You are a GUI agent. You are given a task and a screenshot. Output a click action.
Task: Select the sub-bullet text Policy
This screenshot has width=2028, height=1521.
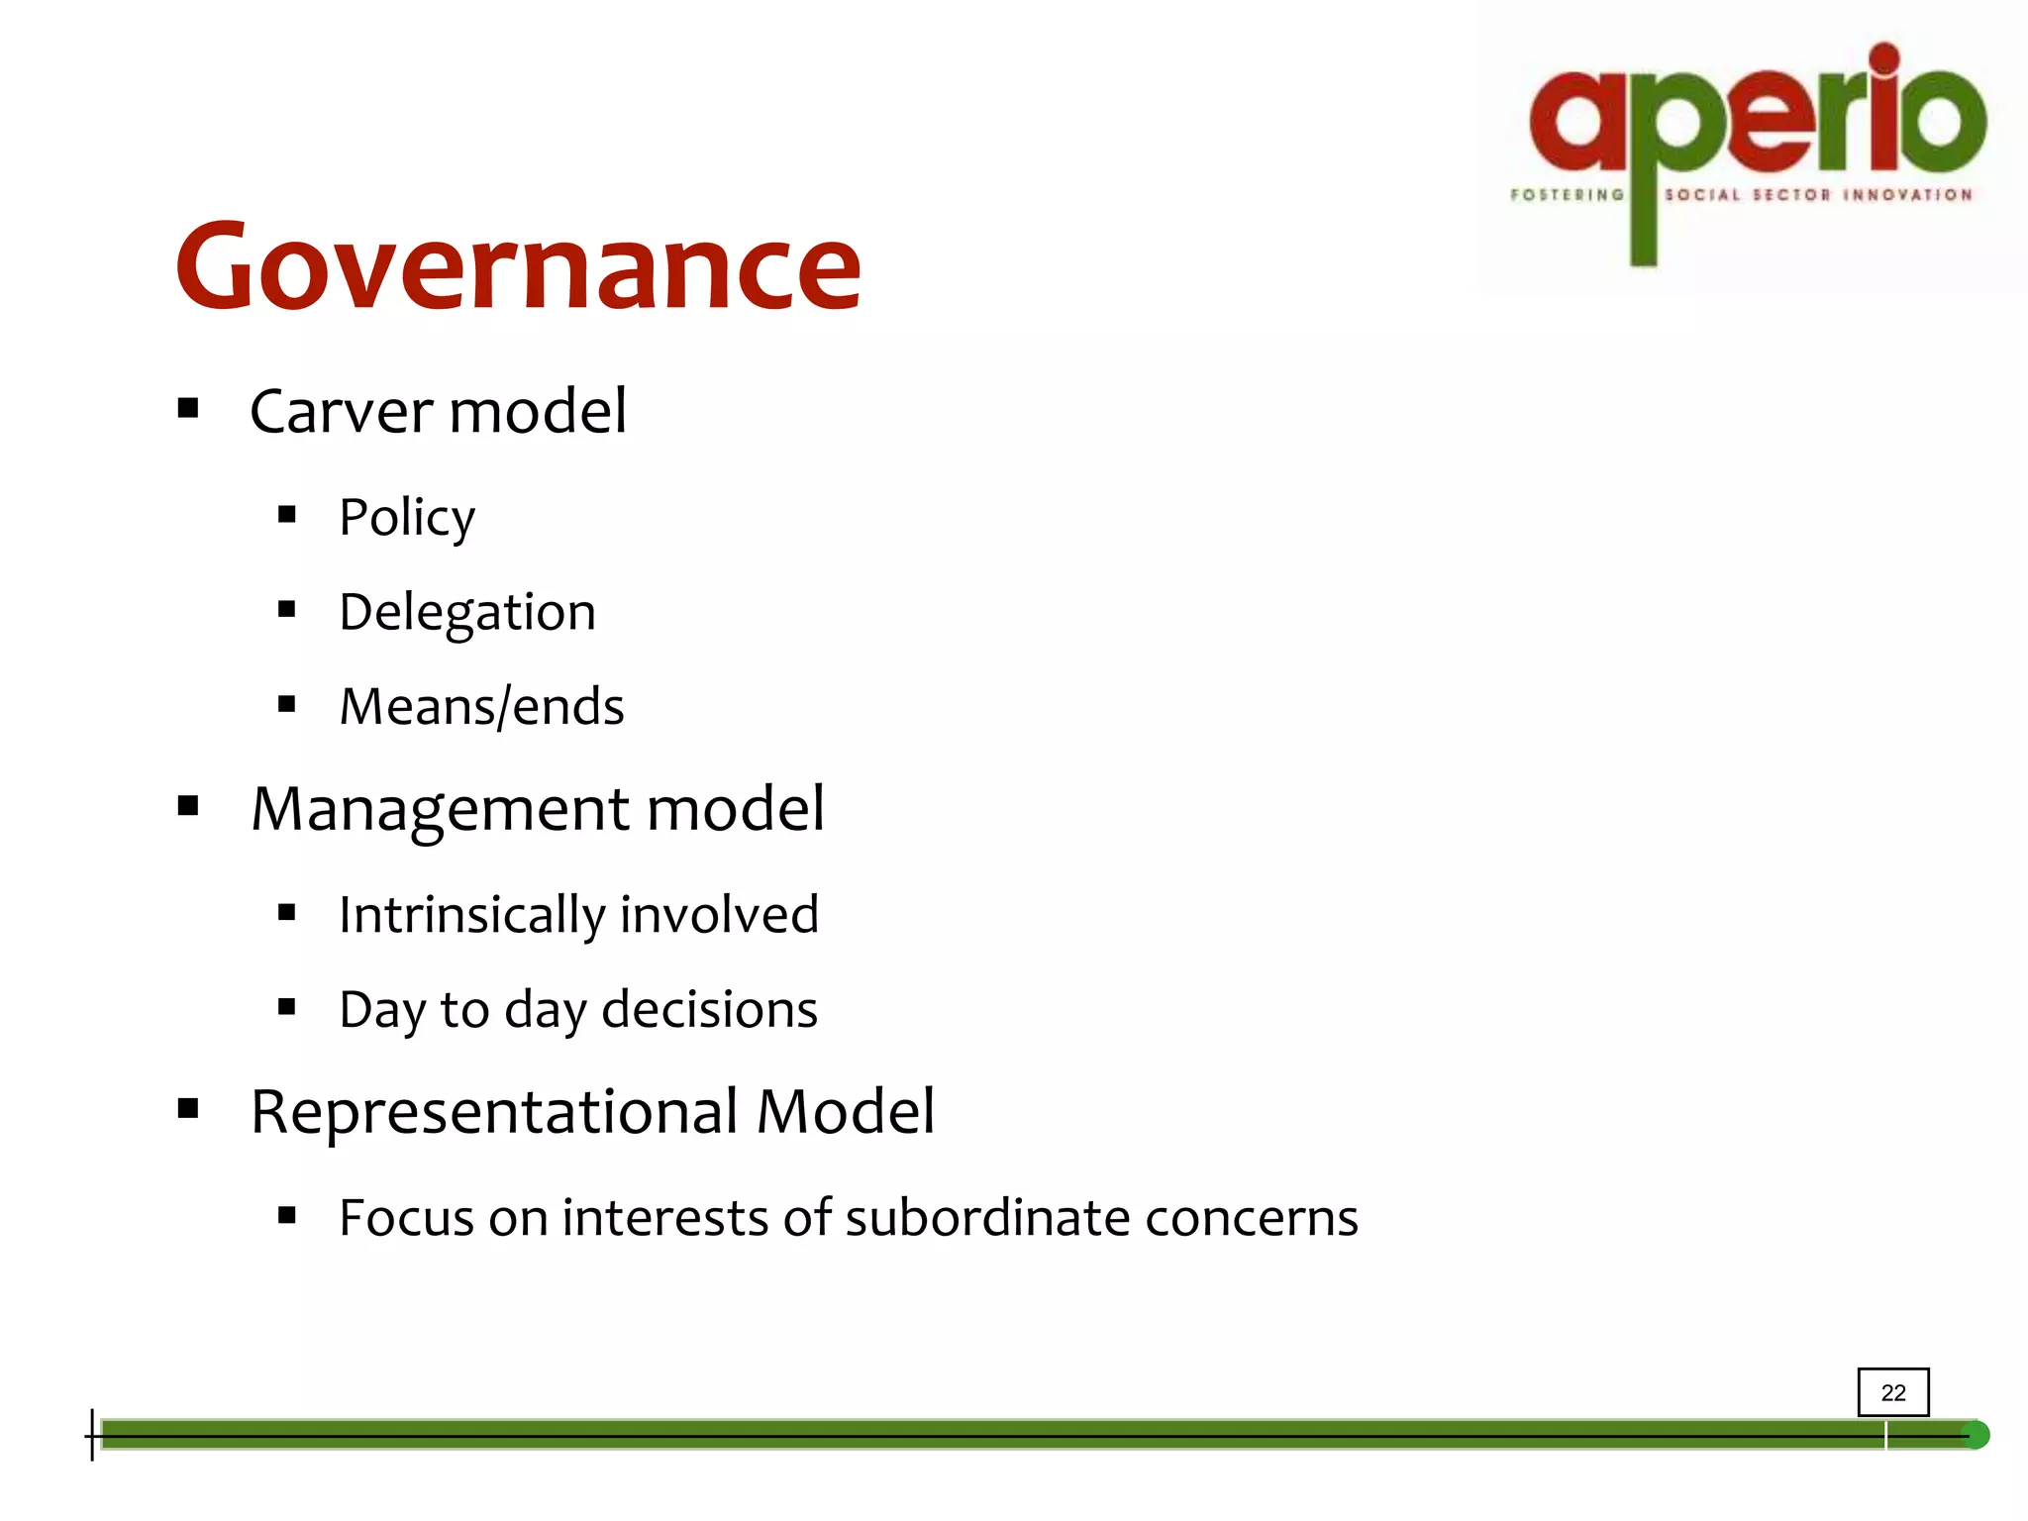(407, 517)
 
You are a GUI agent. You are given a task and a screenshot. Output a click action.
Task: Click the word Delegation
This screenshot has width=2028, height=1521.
(467, 612)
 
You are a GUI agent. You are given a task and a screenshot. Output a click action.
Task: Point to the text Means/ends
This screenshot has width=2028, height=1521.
(481, 707)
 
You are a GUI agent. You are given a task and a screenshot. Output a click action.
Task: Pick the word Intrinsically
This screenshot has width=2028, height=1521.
(470, 914)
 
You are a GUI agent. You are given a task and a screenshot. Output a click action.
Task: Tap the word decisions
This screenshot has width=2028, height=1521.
(709, 1010)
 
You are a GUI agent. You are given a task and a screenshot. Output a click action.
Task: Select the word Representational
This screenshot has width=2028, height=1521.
(494, 1111)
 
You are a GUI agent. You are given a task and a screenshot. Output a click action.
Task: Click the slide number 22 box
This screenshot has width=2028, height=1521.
(1892, 1392)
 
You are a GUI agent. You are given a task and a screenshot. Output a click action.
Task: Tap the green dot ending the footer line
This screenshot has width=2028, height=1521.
(1976, 1435)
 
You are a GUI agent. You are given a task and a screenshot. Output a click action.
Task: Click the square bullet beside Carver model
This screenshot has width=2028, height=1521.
(188, 408)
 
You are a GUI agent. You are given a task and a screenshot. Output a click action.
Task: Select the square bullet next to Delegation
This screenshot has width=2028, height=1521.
(287, 610)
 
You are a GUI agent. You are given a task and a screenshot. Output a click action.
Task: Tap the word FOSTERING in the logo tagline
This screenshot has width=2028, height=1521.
(1567, 195)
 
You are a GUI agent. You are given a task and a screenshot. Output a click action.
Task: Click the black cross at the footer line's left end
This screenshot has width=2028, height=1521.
(93, 1435)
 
